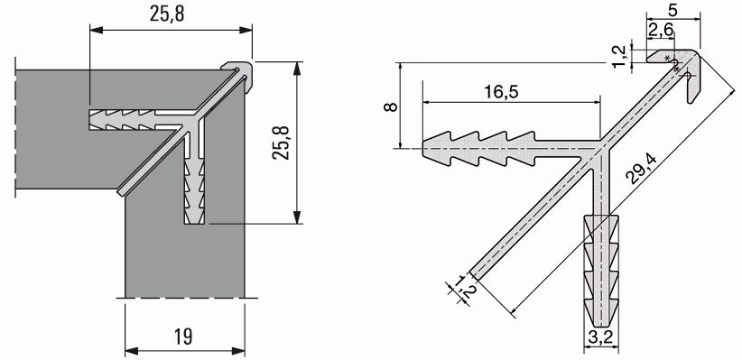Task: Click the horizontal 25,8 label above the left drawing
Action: [x=167, y=14]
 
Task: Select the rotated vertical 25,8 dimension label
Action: [x=281, y=143]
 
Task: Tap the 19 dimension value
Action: [x=183, y=337]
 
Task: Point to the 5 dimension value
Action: [x=673, y=8]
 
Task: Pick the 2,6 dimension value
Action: [x=661, y=30]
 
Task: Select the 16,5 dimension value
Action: [x=501, y=91]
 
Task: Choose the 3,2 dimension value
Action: [x=601, y=337]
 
